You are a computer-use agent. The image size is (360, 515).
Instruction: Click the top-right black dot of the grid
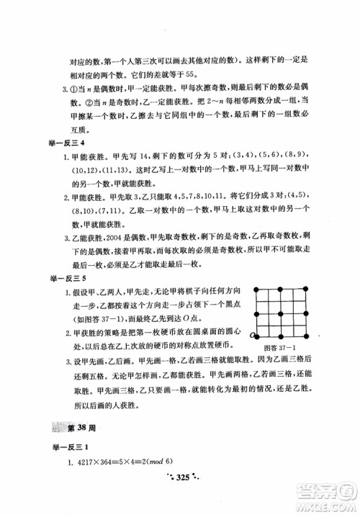tap(305, 289)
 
